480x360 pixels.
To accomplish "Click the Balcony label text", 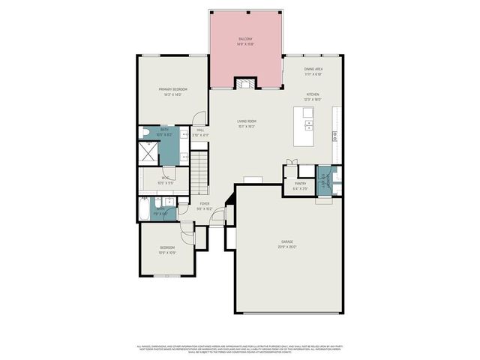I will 245,39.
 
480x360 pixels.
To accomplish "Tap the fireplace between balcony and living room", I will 245,83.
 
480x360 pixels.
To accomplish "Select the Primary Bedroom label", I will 172,89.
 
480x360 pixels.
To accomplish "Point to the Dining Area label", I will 313,69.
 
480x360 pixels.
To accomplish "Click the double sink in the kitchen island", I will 308,121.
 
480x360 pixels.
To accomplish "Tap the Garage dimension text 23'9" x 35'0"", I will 288,246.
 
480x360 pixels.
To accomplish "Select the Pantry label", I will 300,182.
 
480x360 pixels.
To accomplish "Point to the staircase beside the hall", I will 199,172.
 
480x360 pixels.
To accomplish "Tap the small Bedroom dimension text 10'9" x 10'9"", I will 166,252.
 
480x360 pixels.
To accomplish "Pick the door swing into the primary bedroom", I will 197,118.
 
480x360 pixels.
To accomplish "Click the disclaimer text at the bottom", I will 240,348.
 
